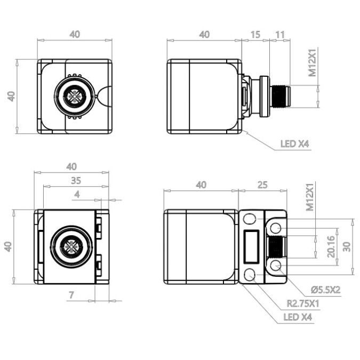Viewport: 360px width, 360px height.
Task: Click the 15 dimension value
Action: pyautogui.click(x=255, y=35)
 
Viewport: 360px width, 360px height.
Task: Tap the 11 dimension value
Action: pyautogui.click(x=279, y=35)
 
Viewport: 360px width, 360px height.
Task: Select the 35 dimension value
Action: pyautogui.click(x=76, y=181)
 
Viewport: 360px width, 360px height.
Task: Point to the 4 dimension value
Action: pyautogui.click(x=77, y=195)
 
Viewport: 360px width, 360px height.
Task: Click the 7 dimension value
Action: pyautogui.click(x=71, y=295)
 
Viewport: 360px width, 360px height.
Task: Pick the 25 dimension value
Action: pyautogui.click(x=262, y=185)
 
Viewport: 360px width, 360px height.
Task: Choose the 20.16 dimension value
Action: pyautogui.click(x=331, y=246)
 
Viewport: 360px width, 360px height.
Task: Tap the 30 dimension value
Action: pyautogui.click(x=347, y=247)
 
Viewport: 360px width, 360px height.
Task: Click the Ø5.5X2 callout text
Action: pyautogui.click(x=325, y=290)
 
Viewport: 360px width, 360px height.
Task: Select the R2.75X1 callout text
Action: pyautogui.click(x=303, y=304)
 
